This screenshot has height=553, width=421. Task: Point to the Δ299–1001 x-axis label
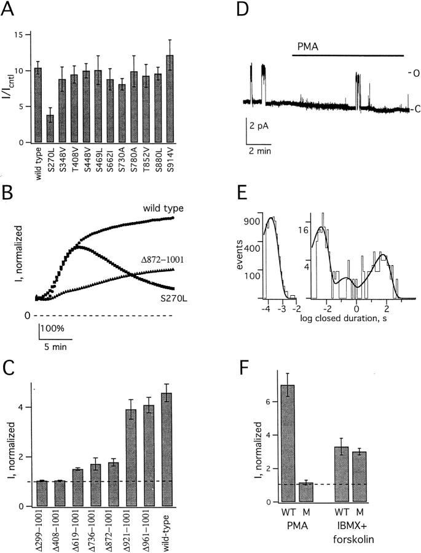click(40, 527)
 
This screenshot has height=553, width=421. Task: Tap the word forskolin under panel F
click(359, 533)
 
